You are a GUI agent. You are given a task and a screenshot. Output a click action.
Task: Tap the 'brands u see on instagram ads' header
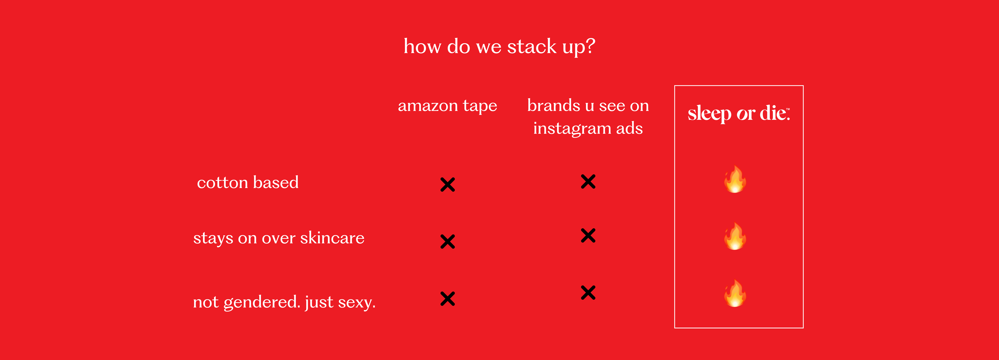tap(588, 117)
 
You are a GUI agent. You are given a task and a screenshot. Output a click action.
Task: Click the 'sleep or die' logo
tap(739, 113)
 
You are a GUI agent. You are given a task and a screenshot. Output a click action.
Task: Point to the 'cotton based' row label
tap(248, 182)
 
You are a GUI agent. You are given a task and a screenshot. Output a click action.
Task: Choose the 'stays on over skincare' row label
tap(279, 238)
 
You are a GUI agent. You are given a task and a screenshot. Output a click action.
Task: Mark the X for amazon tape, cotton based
tap(447, 185)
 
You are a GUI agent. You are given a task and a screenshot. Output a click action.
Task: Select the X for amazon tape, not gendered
tap(447, 299)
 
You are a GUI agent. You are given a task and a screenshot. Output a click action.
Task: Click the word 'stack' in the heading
tap(532, 47)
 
